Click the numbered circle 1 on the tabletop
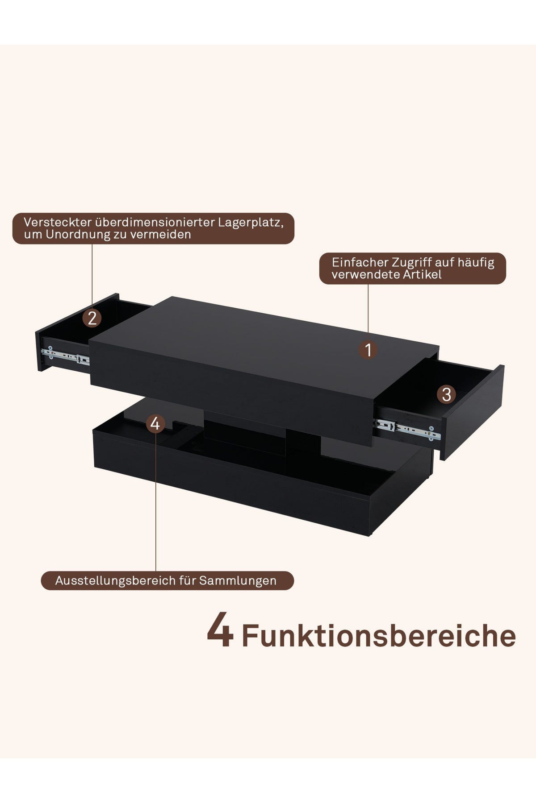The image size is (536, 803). tap(368, 350)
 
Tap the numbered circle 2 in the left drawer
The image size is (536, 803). tap(92, 318)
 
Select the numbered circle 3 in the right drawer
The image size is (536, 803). tap(446, 394)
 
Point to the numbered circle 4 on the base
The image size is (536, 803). tap(155, 423)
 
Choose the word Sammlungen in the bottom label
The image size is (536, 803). tap(238, 581)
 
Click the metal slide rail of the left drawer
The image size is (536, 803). tap(65, 355)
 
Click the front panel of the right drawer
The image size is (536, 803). tap(473, 413)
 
